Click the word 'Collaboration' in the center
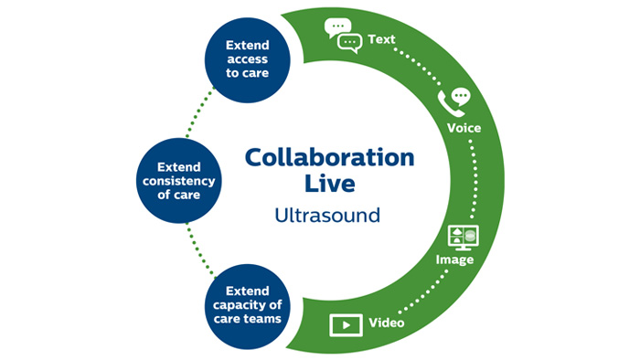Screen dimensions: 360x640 coord(328,157)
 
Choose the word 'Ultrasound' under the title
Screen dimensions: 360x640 coord(328,217)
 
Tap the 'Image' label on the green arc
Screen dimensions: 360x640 coord(454,260)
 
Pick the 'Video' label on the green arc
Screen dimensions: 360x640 coord(387,323)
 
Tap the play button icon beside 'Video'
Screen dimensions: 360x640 coord(344,324)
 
